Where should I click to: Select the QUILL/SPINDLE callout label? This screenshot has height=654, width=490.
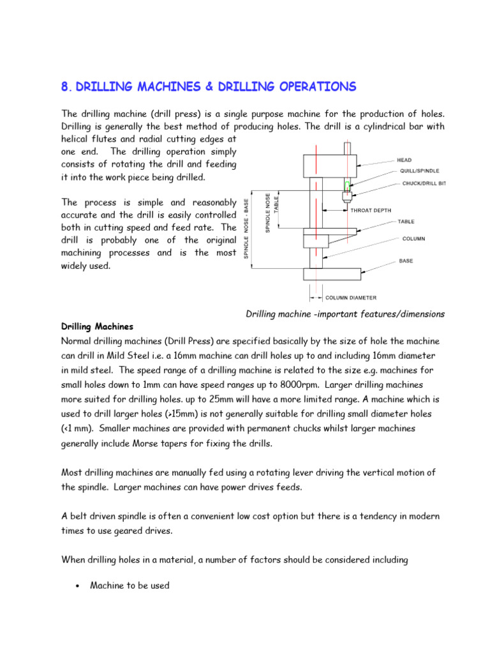click(x=422, y=171)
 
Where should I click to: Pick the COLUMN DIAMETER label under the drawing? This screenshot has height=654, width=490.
click(x=351, y=297)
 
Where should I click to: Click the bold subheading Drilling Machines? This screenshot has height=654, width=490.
click(x=97, y=326)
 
